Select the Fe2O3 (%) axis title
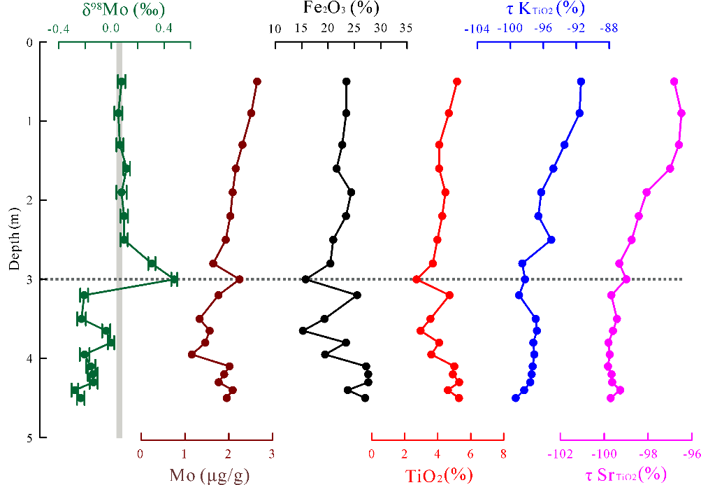click(341, 10)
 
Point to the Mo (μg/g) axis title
click(210, 475)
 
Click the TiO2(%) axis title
click(439, 475)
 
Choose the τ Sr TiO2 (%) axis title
click(622, 475)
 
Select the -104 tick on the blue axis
click(477, 29)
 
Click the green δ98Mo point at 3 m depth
click(174, 279)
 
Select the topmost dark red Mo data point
click(257, 82)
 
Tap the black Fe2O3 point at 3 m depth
click(305, 279)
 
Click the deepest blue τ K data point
click(516, 398)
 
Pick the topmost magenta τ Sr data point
click(674, 82)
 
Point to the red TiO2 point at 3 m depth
click(416, 279)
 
